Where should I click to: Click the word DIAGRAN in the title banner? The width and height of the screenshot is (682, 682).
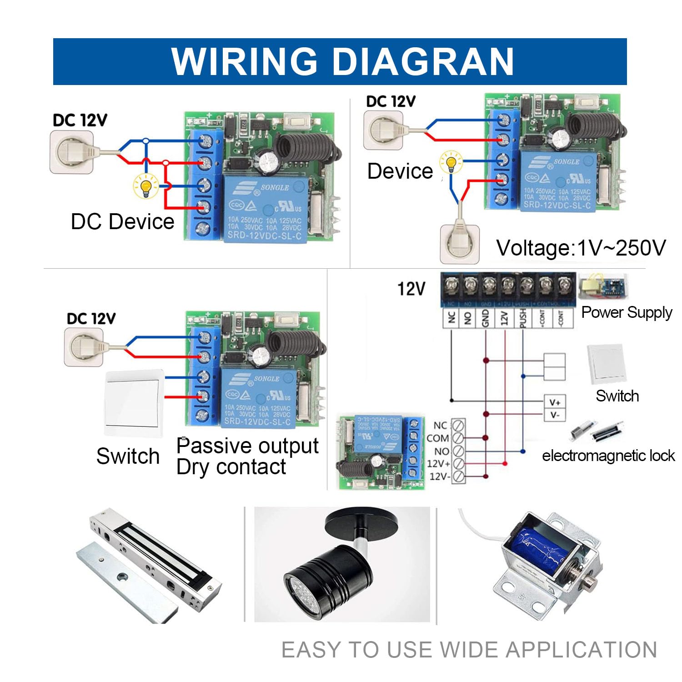(x=423, y=61)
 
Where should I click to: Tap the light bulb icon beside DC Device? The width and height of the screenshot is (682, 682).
(x=145, y=186)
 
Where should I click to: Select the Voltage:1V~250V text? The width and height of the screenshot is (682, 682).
(x=581, y=248)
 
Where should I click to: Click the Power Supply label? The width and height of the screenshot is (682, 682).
(x=627, y=312)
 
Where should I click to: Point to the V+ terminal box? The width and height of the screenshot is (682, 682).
(x=555, y=402)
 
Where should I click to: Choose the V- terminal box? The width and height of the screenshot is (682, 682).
(x=555, y=415)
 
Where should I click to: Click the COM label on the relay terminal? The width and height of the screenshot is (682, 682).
(x=438, y=438)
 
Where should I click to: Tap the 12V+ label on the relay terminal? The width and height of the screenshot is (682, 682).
(x=438, y=464)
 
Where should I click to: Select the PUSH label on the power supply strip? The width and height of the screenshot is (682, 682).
(x=523, y=318)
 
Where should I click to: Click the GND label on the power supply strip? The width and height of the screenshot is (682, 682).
(x=486, y=318)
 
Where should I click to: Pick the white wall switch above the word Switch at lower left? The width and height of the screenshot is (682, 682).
(x=133, y=403)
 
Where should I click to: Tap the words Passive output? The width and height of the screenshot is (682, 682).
(x=247, y=446)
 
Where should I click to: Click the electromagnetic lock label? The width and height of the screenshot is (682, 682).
(x=608, y=456)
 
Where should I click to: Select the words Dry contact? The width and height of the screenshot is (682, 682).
(x=231, y=467)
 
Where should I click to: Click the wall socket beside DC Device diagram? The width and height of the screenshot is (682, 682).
(x=71, y=152)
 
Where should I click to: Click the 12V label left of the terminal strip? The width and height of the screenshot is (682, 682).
(x=411, y=289)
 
